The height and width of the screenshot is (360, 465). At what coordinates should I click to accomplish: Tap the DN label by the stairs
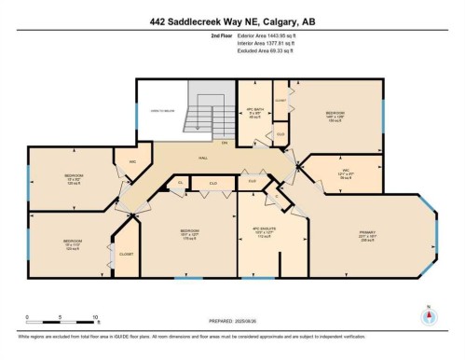pos(224,142)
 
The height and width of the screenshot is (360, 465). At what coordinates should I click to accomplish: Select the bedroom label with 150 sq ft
pos(335,116)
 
